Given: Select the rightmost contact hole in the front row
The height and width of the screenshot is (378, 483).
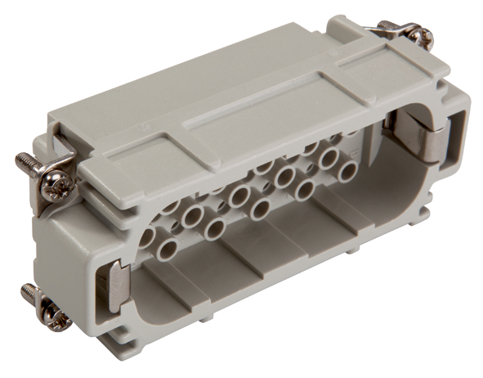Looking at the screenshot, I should (x=303, y=190).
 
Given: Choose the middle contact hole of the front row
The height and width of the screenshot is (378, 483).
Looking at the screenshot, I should (x=215, y=225).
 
